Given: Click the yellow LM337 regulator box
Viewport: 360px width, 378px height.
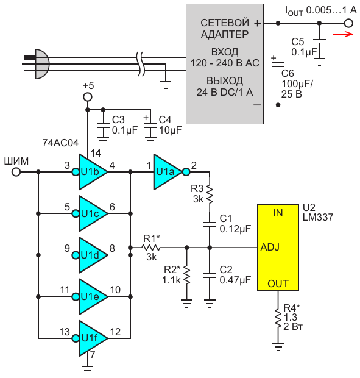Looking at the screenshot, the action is point(278,248).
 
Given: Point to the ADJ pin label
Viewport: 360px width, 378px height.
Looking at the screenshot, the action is point(270,247).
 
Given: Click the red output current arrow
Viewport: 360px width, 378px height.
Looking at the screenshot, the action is point(343,34).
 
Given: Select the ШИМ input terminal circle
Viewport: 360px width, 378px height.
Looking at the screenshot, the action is point(16,172).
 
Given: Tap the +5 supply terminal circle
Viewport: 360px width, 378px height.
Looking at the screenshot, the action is point(88,97).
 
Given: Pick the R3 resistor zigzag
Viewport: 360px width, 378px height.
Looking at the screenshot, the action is point(210,194).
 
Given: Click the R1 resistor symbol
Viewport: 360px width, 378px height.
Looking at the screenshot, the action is point(150,248).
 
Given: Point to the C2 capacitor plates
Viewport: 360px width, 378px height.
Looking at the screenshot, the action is point(210,276).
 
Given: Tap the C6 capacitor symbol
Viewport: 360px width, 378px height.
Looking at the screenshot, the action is point(278,65).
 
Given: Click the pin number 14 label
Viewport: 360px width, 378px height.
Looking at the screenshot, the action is point(96,153).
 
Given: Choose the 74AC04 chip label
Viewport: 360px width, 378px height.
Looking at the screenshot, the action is point(60,143).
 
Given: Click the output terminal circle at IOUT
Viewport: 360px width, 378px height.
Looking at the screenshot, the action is point(348,23).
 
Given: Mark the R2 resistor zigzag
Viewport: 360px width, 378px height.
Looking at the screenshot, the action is point(186,275).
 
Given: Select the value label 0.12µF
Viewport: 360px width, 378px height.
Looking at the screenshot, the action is point(235,229).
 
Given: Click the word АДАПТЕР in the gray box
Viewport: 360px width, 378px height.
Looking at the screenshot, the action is point(225,35).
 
